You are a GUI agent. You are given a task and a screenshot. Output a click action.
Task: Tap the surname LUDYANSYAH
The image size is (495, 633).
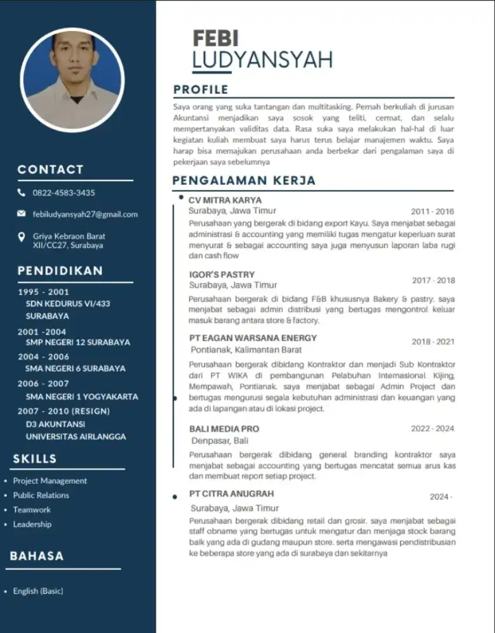pyautogui.click(x=262, y=60)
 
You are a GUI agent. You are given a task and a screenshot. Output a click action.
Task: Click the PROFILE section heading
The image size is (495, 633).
pyautogui.click(x=201, y=89)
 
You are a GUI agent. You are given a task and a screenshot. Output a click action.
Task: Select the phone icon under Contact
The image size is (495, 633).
pyautogui.click(x=21, y=192)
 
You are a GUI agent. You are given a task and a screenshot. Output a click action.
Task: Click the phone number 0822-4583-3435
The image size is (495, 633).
pyautogui.click(x=64, y=192)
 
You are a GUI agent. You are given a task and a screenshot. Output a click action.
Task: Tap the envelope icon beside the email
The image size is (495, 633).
pyautogui.click(x=21, y=214)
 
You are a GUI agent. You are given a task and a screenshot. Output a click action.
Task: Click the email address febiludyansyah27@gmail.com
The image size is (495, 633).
pyautogui.click(x=85, y=214)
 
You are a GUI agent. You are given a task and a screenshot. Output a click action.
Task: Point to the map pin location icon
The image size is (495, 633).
pyautogui.click(x=21, y=237)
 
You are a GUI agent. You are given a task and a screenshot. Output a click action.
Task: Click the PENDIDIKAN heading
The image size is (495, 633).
pyautogui.click(x=60, y=271)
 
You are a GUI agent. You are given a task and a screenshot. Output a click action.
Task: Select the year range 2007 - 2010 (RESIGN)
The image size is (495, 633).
pyautogui.click(x=64, y=411)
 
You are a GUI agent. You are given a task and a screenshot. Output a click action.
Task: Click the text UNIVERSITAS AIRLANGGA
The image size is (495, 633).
pyautogui.click(x=76, y=436)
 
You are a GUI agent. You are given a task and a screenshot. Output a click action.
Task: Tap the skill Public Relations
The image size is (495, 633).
pyautogui.click(x=41, y=495)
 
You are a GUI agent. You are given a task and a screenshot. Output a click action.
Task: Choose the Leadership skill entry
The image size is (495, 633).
pyautogui.click(x=32, y=524)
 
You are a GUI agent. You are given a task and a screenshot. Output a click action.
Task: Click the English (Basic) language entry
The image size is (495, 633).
pyautogui.click(x=38, y=591)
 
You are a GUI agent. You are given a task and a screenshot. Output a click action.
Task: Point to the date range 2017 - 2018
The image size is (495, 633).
pyautogui.click(x=433, y=280)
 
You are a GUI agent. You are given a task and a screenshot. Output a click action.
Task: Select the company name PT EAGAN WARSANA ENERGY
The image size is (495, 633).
pyautogui.click(x=253, y=338)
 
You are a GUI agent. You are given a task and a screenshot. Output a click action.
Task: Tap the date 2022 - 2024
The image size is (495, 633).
pyautogui.click(x=432, y=429)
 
